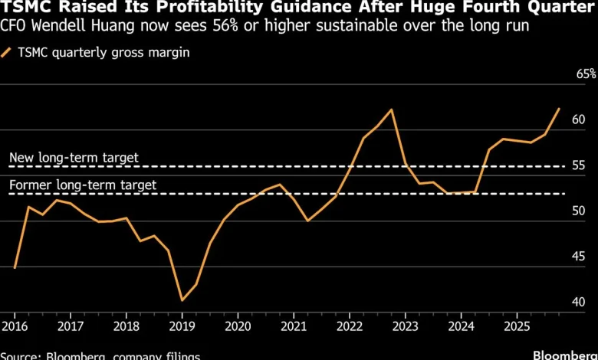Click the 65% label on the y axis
[x=586, y=74]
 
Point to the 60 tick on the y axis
[x=579, y=120]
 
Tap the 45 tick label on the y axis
[x=579, y=257]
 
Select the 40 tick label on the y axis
[x=579, y=303]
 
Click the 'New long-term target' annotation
[x=74, y=158]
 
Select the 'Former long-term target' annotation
[x=82, y=185]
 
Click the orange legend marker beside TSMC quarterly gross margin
[x=6, y=54]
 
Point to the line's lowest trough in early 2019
[x=182, y=300]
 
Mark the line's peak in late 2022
[x=392, y=110]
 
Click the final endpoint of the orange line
[x=559, y=109]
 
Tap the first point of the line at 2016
[x=15, y=267]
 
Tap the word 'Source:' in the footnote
[x=21, y=356]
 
